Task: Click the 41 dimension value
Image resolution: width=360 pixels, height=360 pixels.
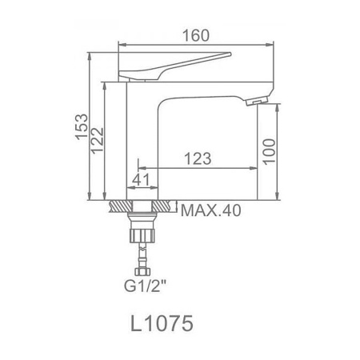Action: (x=141, y=180)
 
